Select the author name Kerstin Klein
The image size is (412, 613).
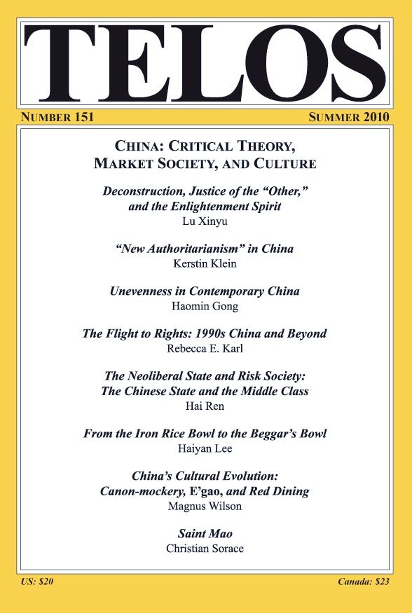point(205,263)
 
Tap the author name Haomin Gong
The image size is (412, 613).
point(205,306)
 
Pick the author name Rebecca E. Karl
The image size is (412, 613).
point(205,349)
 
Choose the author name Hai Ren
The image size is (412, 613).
point(205,406)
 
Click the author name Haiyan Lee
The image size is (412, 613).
point(205,448)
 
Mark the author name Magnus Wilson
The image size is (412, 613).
point(205,505)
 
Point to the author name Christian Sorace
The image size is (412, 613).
point(205,548)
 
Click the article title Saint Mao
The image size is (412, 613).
point(205,533)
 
